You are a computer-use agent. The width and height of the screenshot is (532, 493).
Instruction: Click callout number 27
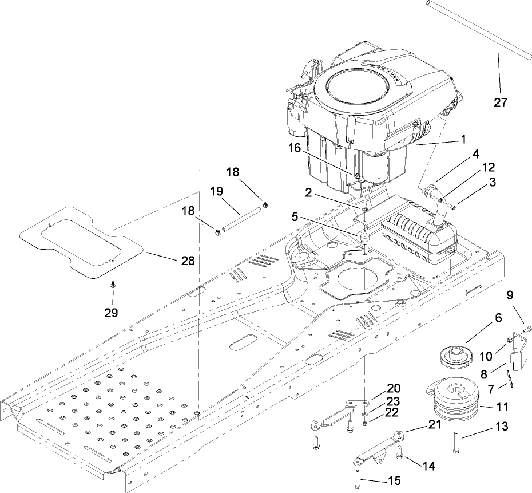pyautogui.click(x=501, y=102)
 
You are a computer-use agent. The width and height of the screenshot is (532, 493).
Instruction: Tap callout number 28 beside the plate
pyautogui.click(x=187, y=261)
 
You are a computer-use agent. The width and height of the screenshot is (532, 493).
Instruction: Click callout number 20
pyautogui.click(x=377, y=387)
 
